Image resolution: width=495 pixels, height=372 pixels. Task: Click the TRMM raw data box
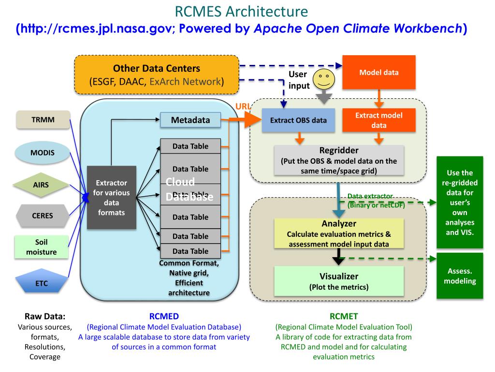[43, 120]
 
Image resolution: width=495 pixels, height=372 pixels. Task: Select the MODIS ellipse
[43, 153]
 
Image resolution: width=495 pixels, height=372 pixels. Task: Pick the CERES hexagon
[42, 216]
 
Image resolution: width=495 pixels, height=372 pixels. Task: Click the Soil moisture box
[42, 247]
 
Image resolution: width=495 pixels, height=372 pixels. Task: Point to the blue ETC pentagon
[42, 282]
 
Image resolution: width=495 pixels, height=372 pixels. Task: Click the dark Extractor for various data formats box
[112, 197]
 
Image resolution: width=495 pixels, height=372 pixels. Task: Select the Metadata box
[190, 120]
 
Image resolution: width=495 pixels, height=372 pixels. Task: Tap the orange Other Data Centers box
[157, 75]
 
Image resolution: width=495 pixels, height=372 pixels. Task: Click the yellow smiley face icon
[324, 79]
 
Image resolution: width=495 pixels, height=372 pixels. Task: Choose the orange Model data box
[379, 72]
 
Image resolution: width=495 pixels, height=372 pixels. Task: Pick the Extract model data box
[379, 120]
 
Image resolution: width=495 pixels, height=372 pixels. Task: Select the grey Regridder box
[338, 159]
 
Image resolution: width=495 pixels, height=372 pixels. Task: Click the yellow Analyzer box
[338, 233]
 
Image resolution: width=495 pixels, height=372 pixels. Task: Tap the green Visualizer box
[338, 281]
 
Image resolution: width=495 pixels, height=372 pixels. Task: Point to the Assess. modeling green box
[460, 276]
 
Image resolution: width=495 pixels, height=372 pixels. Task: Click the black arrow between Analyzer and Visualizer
[339, 256]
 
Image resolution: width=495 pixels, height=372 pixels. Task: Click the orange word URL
[243, 107]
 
